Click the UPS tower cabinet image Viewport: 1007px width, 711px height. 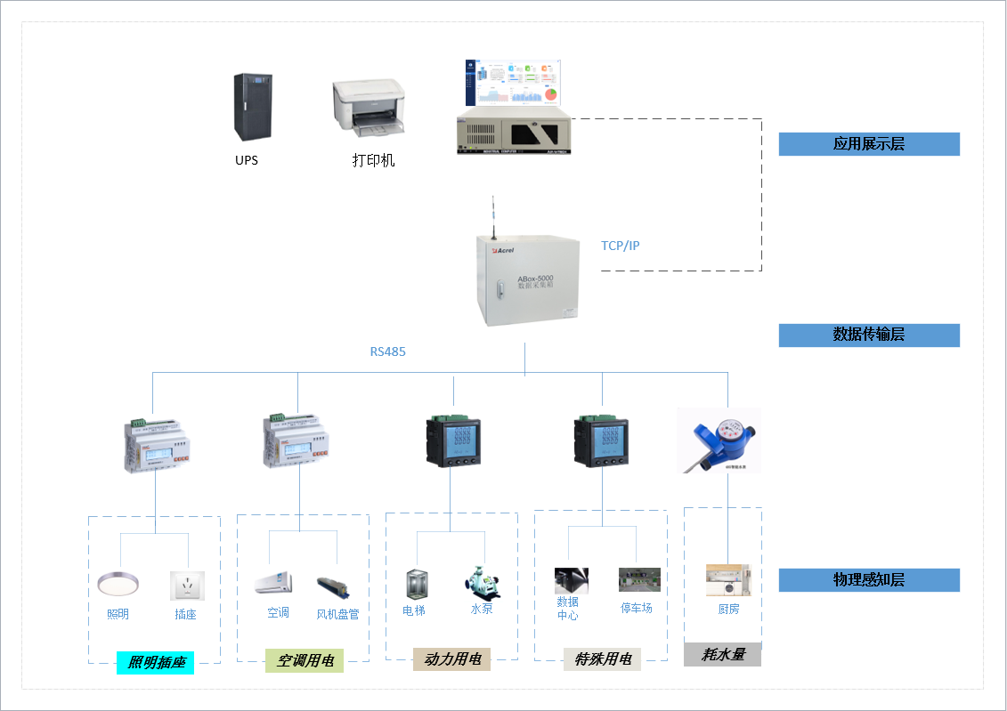[252, 108]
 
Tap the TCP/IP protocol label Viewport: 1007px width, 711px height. [620, 246]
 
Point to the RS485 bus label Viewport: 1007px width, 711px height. [387, 351]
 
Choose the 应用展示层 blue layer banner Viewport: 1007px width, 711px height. [868, 144]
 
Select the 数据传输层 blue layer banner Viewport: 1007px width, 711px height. [868, 335]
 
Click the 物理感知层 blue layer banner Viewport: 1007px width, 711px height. [868, 580]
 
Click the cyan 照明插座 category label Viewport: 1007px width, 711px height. [155, 662]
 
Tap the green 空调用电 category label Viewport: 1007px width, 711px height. [304, 660]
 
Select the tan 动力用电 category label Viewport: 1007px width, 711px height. [451, 659]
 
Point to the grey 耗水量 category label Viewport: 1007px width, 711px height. [722, 655]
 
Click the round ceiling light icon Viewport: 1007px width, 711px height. [118, 585]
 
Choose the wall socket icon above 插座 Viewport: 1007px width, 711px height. [187, 586]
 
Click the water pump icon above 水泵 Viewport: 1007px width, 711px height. [482, 582]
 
